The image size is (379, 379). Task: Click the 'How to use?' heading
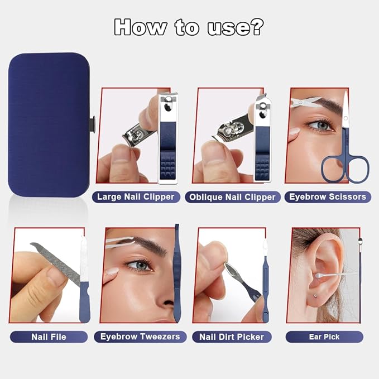pyautogui.click(x=189, y=27)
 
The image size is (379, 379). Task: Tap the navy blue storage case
pyautogui.click(x=49, y=124)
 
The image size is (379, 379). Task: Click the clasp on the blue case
pyautogui.click(x=92, y=124)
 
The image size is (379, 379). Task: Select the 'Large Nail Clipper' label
pyautogui.click(x=136, y=196)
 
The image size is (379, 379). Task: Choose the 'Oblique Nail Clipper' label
pyautogui.click(x=232, y=197)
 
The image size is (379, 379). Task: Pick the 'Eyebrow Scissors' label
pyautogui.click(x=328, y=196)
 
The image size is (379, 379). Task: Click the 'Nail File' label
pyautogui.click(x=49, y=337)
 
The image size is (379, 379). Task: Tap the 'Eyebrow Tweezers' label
pyautogui.click(x=140, y=337)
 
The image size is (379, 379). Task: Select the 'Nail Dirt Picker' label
pyautogui.click(x=232, y=337)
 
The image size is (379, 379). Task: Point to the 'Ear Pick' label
pyautogui.click(x=324, y=337)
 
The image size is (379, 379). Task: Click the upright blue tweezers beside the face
pyautogui.click(x=177, y=273)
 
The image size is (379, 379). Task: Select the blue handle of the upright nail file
pyautogui.click(x=84, y=301)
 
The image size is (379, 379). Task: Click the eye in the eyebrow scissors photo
pyautogui.click(x=320, y=125)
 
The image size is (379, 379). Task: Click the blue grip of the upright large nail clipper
pyautogui.click(x=167, y=150)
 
